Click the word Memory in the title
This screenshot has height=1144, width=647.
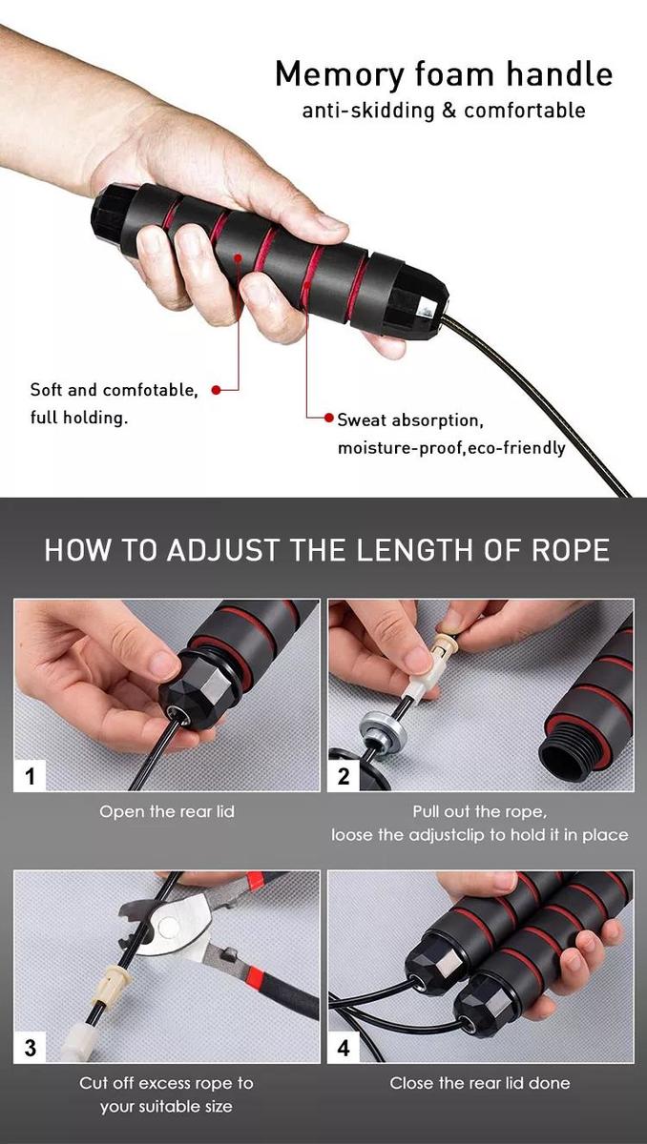pyautogui.click(x=340, y=74)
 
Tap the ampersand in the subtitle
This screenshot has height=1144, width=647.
pyautogui.click(x=449, y=111)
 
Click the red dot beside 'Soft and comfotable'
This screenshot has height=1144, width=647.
pyautogui.click(x=217, y=390)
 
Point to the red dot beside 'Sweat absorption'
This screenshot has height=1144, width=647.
pyautogui.click(x=329, y=418)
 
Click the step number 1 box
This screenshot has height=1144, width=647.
pyautogui.click(x=30, y=776)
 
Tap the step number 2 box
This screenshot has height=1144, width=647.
pyautogui.click(x=344, y=776)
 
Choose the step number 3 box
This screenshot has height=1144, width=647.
pyautogui.click(x=30, y=1048)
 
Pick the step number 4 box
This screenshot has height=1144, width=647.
pyautogui.click(x=344, y=1048)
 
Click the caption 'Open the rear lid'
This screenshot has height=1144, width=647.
pyautogui.click(x=167, y=812)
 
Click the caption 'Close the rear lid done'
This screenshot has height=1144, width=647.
pyautogui.click(x=480, y=1083)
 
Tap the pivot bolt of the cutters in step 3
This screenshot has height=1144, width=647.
pyautogui.click(x=168, y=927)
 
